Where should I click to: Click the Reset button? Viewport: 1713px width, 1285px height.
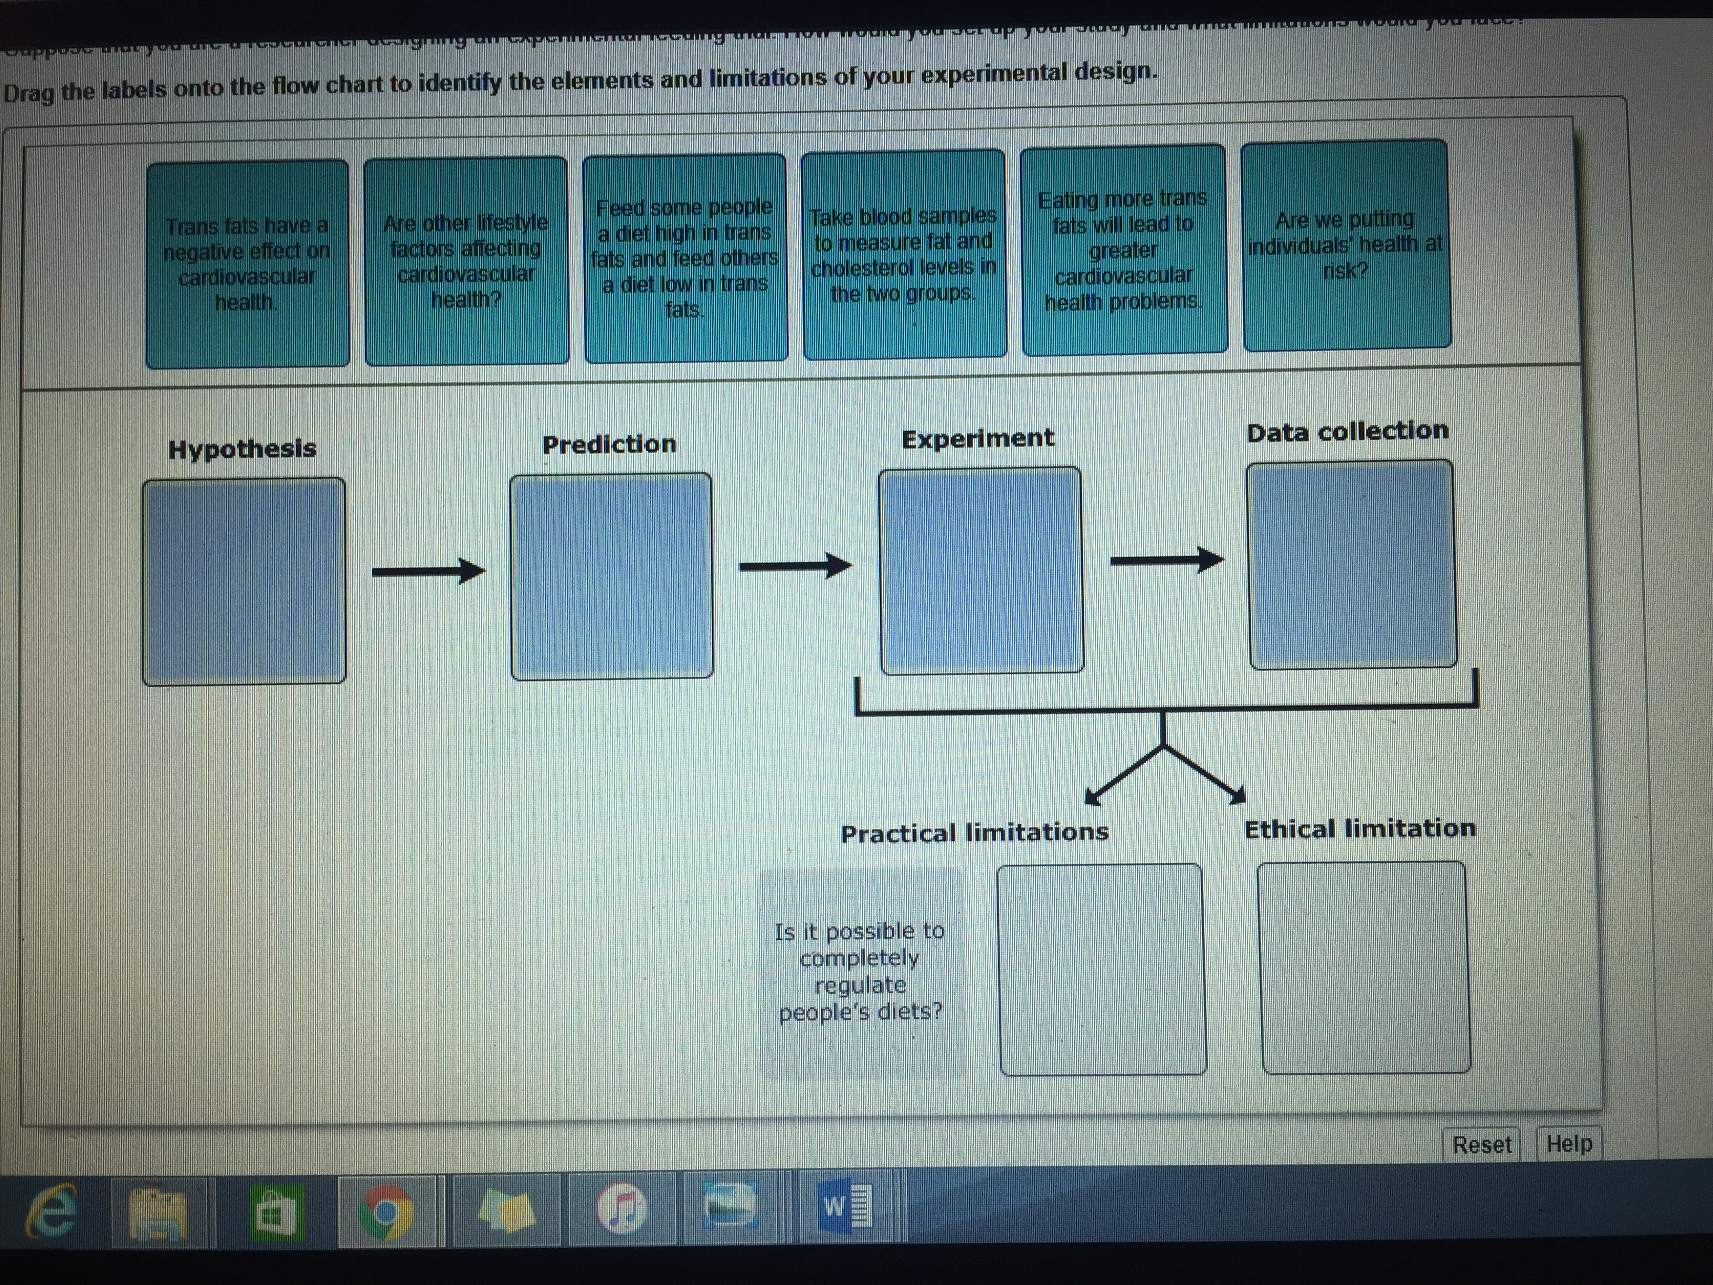[x=1482, y=1144]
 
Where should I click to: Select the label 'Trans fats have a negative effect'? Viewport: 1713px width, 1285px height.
[x=247, y=264]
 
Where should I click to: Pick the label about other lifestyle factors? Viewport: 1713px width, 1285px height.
[x=466, y=260]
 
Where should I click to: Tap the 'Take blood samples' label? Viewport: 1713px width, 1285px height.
[x=904, y=254]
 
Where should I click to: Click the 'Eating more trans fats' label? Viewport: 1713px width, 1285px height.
[x=1123, y=249]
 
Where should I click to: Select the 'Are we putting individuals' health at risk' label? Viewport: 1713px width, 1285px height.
[x=1346, y=245]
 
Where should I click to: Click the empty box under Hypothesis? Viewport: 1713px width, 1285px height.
[x=244, y=581]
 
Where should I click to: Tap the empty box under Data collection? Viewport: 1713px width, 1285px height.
[x=1351, y=564]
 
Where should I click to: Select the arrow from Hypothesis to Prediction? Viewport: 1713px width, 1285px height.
[x=428, y=572]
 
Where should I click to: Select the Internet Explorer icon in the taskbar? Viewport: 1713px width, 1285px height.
[x=52, y=1212]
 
